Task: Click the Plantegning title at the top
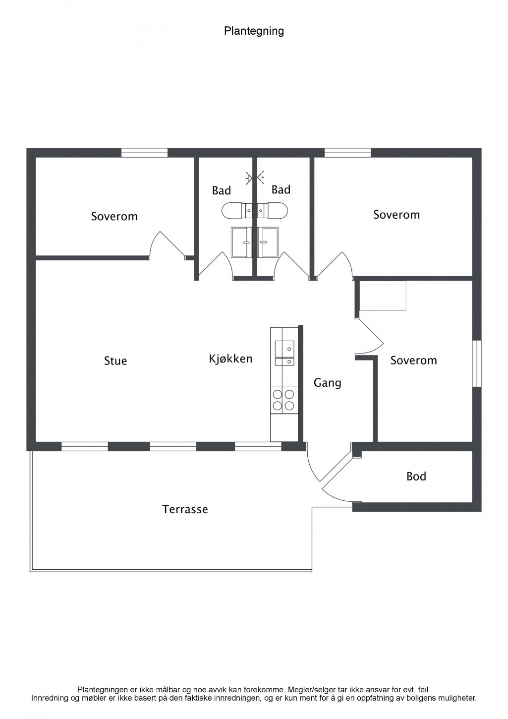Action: (x=254, y=31)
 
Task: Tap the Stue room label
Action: (x=115, y=361)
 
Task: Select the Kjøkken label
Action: (x=231, y=359)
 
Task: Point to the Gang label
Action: (x=327, y=383)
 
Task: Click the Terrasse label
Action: (x=185, y=509)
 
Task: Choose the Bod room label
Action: (x=416, y=477)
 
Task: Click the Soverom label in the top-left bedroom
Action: (x=114, y=216)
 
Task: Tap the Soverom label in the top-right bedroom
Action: (x=396, y=215)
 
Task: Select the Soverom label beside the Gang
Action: (x=414, y=360)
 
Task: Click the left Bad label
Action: (x=222, y=191)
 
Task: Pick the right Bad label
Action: (x=281, y=190)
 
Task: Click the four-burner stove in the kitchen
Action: (x=283, y=400)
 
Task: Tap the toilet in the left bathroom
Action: (x=237, y=211)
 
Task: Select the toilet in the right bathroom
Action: (x=273, y=211)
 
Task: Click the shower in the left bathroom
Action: (x=241, y=242)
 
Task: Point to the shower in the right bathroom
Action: (x=268, y=242)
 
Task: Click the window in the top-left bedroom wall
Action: (x=144, y=153)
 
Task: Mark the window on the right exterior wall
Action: (x=477, y=363)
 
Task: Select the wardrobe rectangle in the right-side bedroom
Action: (x=383, y=296)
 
